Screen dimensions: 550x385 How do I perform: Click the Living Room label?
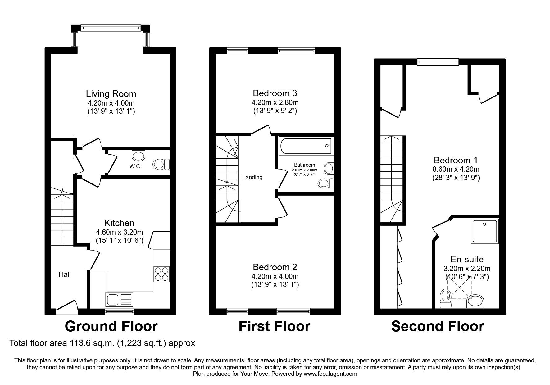coord(111,93)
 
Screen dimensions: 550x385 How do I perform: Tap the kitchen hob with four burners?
coord(161,274)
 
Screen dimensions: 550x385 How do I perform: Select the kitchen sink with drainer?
coord(119,300)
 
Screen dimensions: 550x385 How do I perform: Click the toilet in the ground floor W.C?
coord(162,164)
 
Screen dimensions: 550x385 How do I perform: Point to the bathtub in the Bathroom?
coord(305,146)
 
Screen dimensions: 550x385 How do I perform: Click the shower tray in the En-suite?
coord(485,235)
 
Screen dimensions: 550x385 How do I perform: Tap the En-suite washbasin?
coord(475,301)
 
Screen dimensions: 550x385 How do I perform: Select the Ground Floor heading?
coord(111,326)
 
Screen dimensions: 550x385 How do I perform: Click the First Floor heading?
coord(275,326)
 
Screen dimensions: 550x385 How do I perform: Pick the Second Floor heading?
coord(438,326)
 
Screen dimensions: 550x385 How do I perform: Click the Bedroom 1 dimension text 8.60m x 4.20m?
coord(456,170)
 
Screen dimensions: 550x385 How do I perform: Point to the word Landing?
coord(252,177)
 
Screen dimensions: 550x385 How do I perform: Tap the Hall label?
coord(65,274)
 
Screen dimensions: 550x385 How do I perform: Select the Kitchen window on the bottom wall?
coord(120,311)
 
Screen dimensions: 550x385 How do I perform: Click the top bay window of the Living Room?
coord(111,28)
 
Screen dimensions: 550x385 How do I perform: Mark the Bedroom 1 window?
coord(438,62)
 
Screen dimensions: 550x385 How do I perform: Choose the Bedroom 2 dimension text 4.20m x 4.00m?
coord(275,276)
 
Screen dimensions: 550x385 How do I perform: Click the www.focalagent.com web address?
coord(330,374)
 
